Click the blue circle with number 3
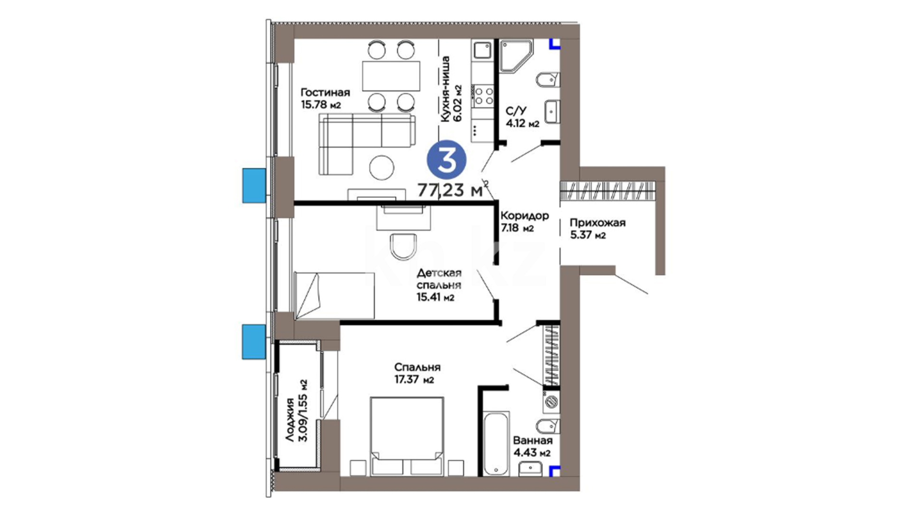446,161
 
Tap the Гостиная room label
325,92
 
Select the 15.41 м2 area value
436,297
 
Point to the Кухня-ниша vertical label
445,89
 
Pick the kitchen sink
483,49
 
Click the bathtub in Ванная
496,443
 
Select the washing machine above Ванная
551,401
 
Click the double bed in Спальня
407,437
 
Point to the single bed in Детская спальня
334,295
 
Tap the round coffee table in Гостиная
382,167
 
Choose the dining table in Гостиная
391,76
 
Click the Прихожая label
598,223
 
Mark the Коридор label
524,216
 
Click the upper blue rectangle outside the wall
254,186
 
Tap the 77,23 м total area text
450,190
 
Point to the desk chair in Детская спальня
403,247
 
